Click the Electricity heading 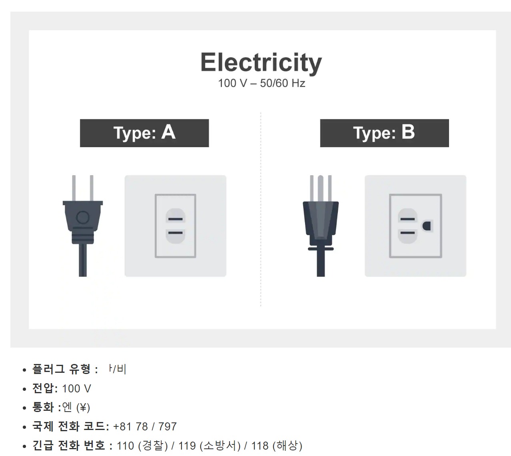pyautogui.click(x=261, y=62)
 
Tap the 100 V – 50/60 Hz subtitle pyautogui.click(x=261, y=83)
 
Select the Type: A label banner pyautogui.click(x=144, y=133)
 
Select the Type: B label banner pyautogui.click(x=384, y=133)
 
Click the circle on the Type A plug pyautogui.click(x=83, y=217)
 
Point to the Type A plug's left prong pyautogui.click(x=74, y=188)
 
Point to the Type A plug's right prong pyautogui.click(x=92, y=188)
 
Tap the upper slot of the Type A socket pyautogui.click(x=176, y=219)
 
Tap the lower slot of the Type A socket pyautogui.click(x=176, y=233)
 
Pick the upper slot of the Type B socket pyautogui.click(x=407, y=219)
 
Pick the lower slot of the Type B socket pyautogui.click(x=407, y=233)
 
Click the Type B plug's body pyautogui.click(x=321, y=220)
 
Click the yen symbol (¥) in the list pyautogui.click(x=83, y=408)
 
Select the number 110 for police pyautogui.click(x=125, y=446)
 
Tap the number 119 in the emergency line pyautogui.click(x=187, y=446)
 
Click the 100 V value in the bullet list pyautogui.click(x=76, y=388)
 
